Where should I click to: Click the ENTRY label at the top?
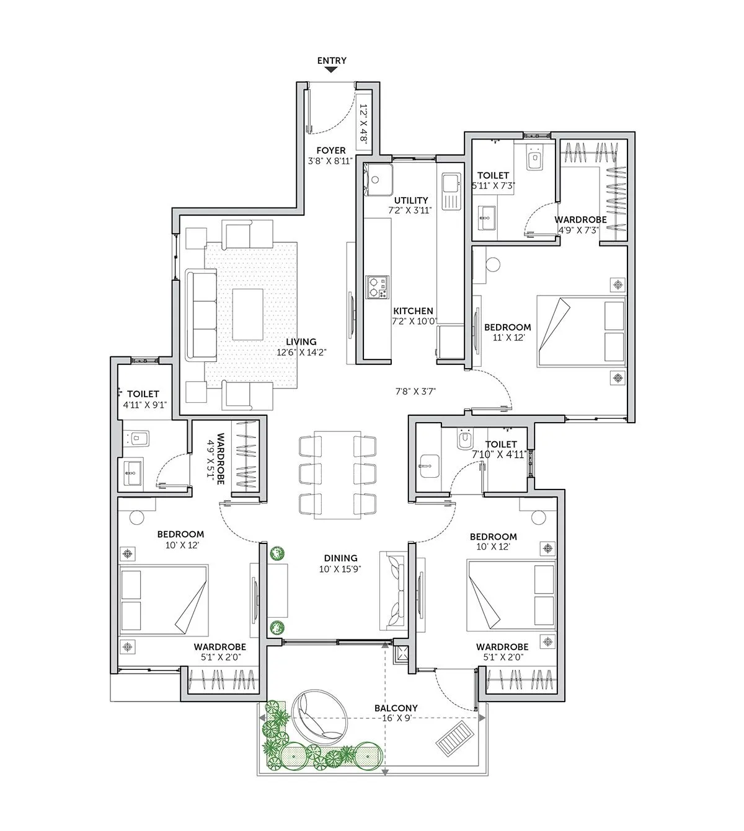coord(332,61)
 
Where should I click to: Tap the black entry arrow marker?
coord(332,70)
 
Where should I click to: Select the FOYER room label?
coord(331,151)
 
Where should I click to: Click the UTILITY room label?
coord(412,200)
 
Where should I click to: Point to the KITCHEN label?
coord(413,311)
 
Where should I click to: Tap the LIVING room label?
coord(301,341)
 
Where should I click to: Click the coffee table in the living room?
coord(247,314)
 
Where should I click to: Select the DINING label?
coord(340,558)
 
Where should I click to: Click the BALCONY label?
coord(396,708)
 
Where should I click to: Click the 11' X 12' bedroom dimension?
coord(508,337)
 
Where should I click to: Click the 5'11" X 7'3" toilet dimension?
coord(494,185)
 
